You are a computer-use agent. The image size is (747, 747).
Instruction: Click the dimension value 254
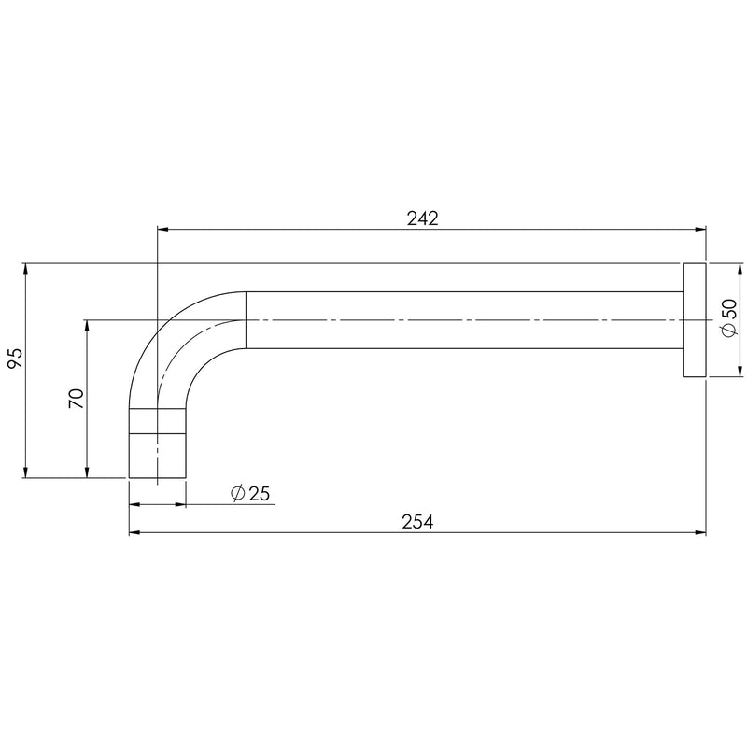pos(418,522)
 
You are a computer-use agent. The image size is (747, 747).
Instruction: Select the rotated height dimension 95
pos(15,358)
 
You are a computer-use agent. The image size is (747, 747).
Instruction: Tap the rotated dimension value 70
pos(77,399)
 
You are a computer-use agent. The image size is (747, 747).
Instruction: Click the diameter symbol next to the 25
pos(237,493)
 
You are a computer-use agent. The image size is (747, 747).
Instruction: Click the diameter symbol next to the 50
pos(729,331)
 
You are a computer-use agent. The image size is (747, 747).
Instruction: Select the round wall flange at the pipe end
pos(694,320)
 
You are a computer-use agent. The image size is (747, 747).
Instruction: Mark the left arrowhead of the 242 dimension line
pos(162,228)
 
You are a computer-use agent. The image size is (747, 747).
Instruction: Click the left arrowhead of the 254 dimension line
pos(134,533)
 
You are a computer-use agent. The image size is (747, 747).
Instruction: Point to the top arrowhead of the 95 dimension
pos(25,270)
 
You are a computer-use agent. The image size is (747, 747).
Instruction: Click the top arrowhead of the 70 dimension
pos(87,326)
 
